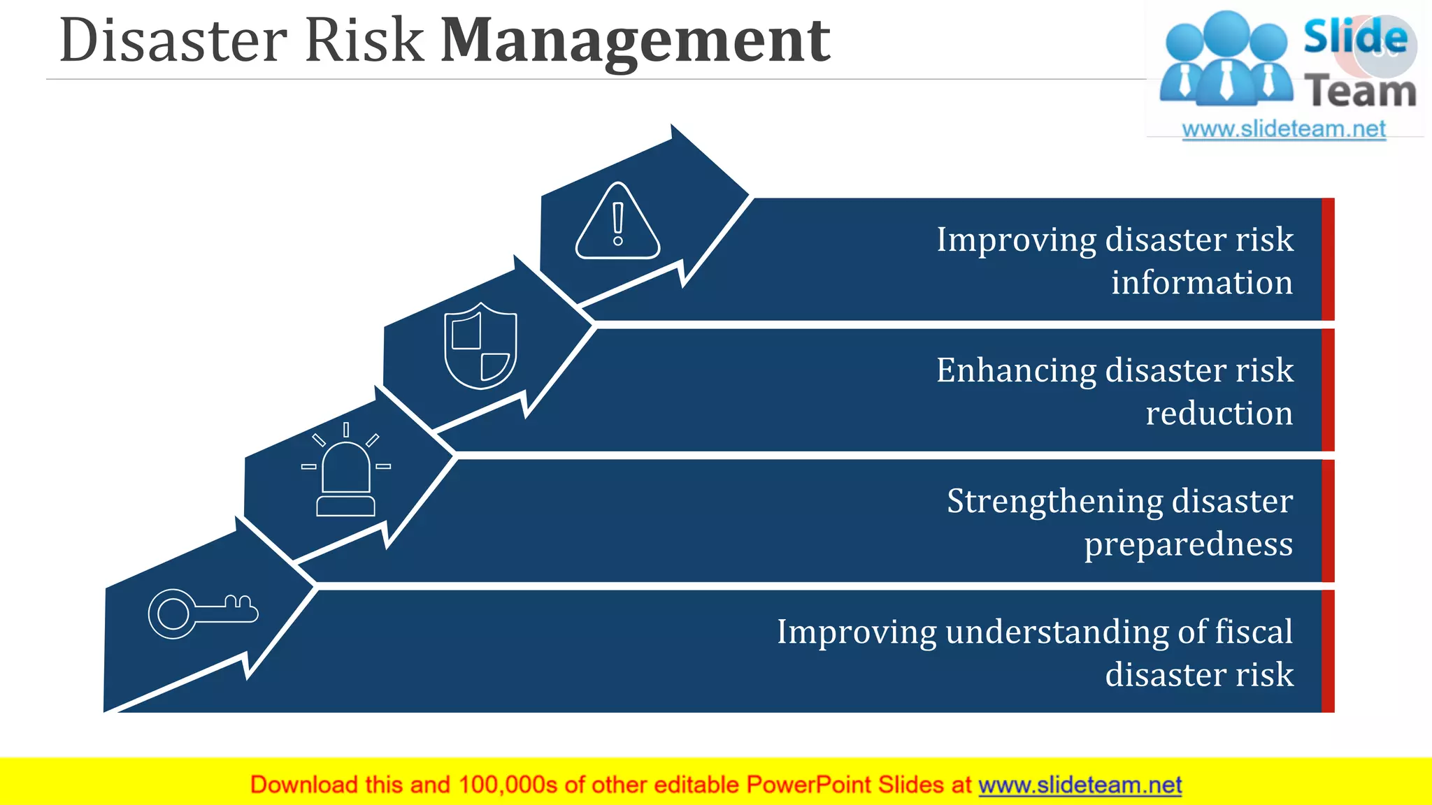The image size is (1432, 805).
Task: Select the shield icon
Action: [x=480, y=346]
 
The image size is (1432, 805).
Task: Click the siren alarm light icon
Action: [x=345, y=472]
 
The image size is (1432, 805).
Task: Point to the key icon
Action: [x=202, y=614]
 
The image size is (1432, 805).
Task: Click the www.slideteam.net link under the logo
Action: [x=1283, y=129]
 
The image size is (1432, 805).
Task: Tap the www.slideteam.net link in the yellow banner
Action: [x=1080, y=785]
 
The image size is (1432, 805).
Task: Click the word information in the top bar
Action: [x=1201, y=282]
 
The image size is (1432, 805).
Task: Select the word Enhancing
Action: [x=1016, y=370]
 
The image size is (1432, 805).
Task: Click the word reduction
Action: [x=1219, y=413]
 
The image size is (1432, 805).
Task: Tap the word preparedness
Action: [x=1188, y=544]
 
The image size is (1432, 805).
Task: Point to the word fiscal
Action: [x=1254, y=632]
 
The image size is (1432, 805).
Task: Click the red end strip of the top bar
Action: [x=1328, y=259]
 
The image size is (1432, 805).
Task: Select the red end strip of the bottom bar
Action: [x=1328, y=651]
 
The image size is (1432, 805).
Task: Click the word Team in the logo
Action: [x=1359, y=92]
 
